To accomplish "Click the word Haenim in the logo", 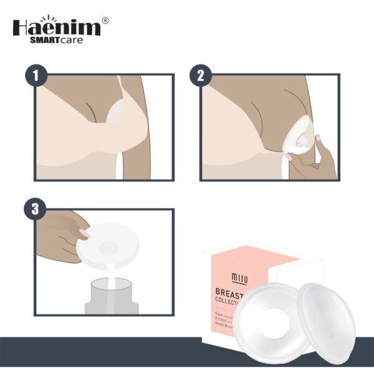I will click(56, 28).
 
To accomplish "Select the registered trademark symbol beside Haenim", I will click(105, 21).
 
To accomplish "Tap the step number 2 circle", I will click(201, 76).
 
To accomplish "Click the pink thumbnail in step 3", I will click(84, 234).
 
